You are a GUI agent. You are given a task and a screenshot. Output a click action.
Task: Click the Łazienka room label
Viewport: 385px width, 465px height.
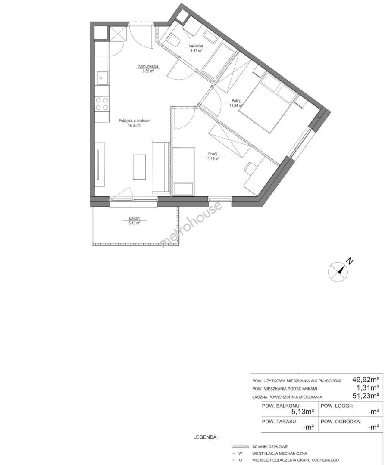(x=196, y=46)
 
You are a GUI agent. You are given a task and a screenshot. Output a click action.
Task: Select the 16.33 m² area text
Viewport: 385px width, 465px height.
(x=135, y=125)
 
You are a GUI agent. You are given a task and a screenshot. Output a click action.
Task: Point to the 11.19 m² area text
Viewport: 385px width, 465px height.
(x=213, y=158)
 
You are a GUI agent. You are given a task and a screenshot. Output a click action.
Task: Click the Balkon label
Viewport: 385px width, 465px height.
(x=134, y=218)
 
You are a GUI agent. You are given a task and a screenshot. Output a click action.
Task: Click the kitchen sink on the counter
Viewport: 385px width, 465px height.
(x=102, y=78)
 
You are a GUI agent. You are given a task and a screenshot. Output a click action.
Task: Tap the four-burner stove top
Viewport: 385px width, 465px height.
(x=102, y=104)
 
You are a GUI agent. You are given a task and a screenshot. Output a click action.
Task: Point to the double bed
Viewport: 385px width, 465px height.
(x=268, y=102)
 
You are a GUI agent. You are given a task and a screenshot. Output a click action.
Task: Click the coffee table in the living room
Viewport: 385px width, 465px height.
(x=139, y=167)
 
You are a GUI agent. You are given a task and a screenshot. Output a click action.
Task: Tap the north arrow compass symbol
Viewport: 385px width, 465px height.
(x=338, y=271)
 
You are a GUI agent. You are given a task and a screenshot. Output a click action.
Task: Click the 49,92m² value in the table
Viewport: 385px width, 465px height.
(x=366, y=379)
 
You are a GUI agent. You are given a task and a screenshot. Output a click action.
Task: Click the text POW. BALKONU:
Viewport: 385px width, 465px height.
(x=281, y=406)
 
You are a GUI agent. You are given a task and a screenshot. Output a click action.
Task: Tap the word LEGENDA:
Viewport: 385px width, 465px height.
(x=205, y=437)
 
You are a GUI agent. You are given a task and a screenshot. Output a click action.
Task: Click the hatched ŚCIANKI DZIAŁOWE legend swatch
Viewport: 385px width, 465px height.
(x=241, y=446)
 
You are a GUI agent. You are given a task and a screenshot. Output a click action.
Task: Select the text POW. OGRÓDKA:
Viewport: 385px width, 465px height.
(x=341, y=422)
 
